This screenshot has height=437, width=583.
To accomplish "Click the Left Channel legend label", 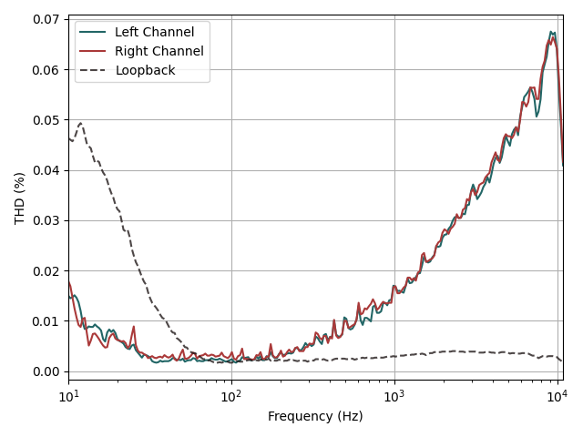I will pyautogui.click(x=154, y=33).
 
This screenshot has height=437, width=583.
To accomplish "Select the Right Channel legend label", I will pyautogui.click(x=159, y=51).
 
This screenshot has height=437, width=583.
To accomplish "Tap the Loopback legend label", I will pyautogui.click(x=145, y=70).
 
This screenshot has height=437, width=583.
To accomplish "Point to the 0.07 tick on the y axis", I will pyautogui.click(x=46, y=19).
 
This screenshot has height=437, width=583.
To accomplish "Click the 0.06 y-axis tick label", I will pyautogui.click(x=46, y=69).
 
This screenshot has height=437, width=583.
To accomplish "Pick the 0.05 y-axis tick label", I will pyautogui.click(x=46, y=120).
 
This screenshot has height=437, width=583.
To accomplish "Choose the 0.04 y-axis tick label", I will pyautogui.click(x=46, y=170).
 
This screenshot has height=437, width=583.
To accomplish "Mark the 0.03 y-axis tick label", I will pyautogui.click(x=46, y=220).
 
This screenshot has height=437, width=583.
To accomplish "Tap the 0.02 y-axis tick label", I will pyautogui.click(x=46, y=270).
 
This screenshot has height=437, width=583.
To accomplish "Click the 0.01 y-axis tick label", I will pyautogui.click(x=46, y=321).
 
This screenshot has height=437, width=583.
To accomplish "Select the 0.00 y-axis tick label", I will pyautogui.click(x=46, y=371).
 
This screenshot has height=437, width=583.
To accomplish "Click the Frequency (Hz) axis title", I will pyautogui.click(x=315, y=416).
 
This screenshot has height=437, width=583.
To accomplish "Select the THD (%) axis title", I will pyautogui.click(x=19, y=198).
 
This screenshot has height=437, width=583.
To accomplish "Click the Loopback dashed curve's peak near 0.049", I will pyautogui.click(x=80, y=124).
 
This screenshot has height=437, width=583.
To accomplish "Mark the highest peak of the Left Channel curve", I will pyautogui.click(x=551, y=32).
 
